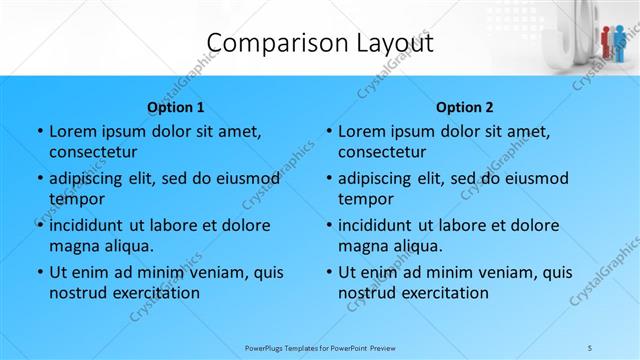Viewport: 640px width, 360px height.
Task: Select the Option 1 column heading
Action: [x=176, y=107]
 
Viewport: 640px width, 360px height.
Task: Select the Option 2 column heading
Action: [x=465, y=107]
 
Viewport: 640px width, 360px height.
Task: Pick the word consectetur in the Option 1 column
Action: [x=93, y=153]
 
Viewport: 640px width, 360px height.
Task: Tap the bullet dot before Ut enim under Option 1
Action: [x=39, y=272]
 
